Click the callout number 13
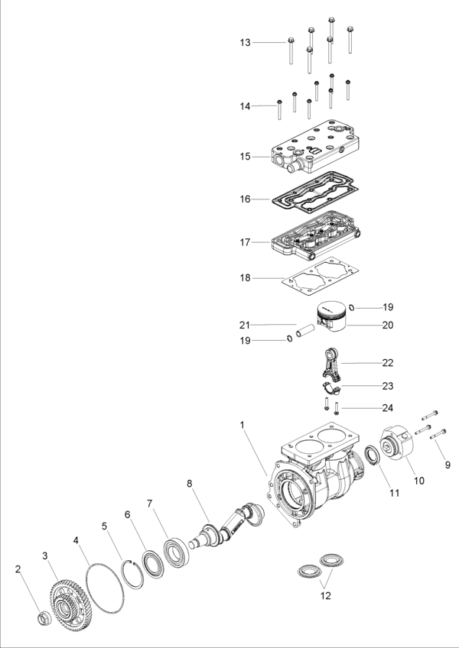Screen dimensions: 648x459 pyautogui.click(x=245, y=43)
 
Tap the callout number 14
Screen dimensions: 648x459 pyautogui.click(x=245, y=106)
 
